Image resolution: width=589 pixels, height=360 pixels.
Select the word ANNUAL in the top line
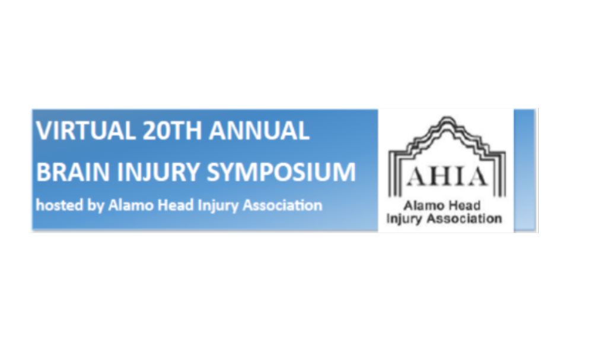pyautogui.click(x=259, y=130)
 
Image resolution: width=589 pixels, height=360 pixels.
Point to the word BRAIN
pyautogui.click(x=74, y=172)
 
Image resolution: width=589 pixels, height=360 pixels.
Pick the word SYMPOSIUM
pyautogui.click(x=281, y=172)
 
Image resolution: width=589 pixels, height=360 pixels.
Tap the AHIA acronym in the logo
pyautogui.click(x=447, y=177)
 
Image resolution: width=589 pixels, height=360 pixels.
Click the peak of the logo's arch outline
pyautogui.click(x=447, y=118)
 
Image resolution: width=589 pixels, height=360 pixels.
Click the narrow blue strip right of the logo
pyautogui.click(x=525, y=170)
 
